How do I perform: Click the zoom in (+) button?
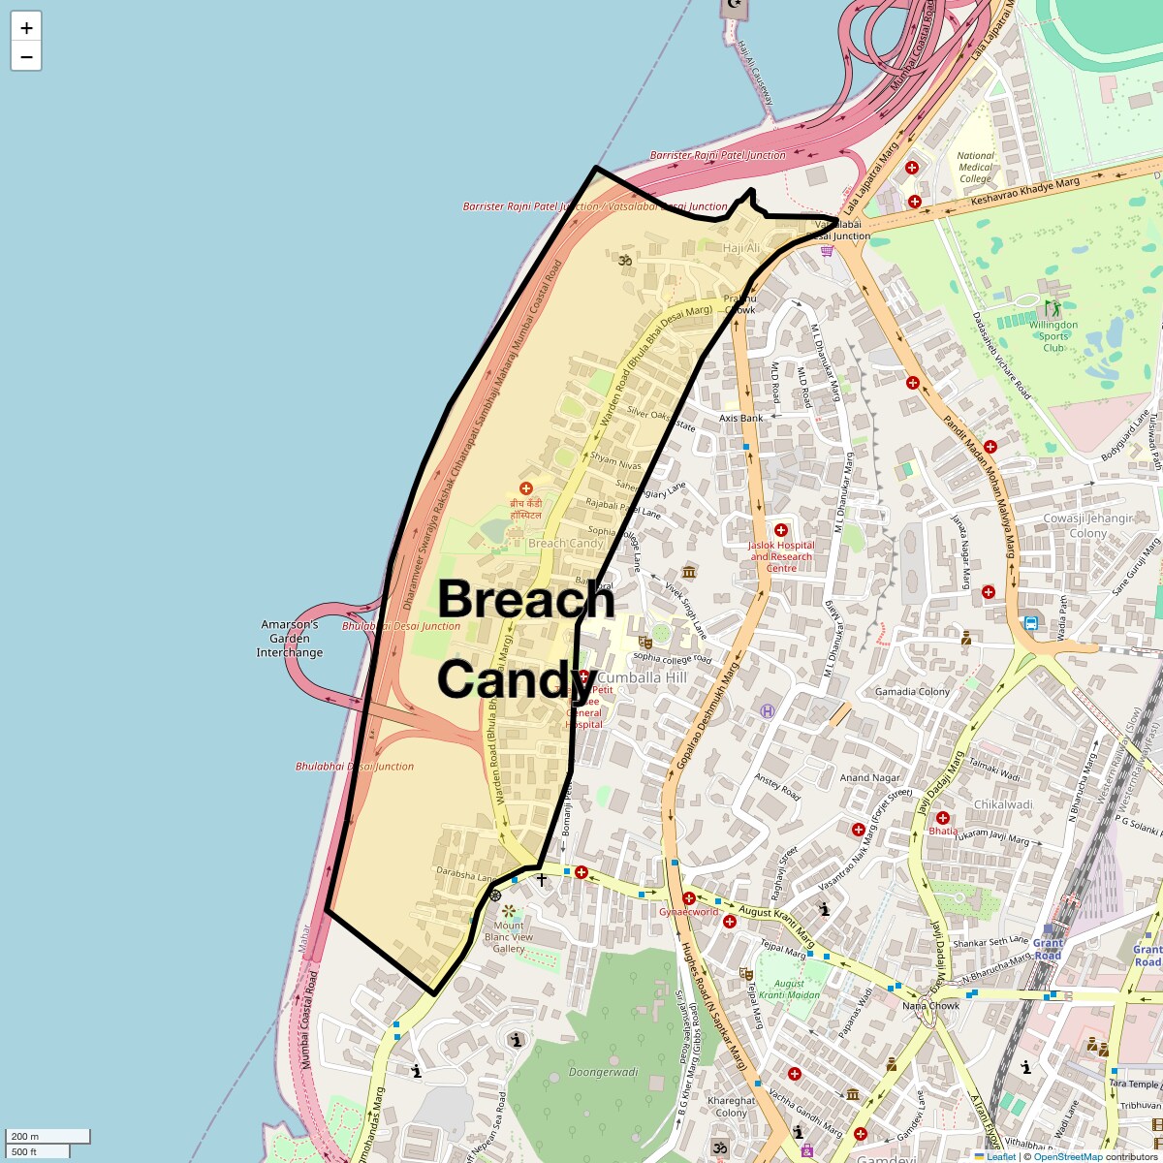click(26, 28)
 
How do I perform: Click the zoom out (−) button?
click(26, 56)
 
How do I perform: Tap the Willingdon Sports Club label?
click(1053, 336)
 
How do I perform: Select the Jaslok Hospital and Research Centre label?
click(781, 556)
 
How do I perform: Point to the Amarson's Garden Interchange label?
click(289, 639)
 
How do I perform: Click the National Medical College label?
click(975, 167)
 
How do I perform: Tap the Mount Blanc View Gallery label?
click(509, 937)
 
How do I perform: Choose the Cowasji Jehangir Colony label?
click(1087, 526)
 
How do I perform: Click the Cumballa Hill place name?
click(643, 677)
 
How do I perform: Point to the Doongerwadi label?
click(603, 1073)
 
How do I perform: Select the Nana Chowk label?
click(930, 1006)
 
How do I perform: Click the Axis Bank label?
click(740, 419)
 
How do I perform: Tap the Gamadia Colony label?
click(912, 692)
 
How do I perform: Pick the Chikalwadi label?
click(1003, 804)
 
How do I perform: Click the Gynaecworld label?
click(688, 912)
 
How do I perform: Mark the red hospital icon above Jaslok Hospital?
click(781, 530)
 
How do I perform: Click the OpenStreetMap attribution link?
click(1068, 1156)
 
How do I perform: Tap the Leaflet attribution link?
click(1001, 1156)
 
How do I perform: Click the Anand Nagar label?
click(869, 777)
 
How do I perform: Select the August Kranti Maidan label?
click(789, 990)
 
